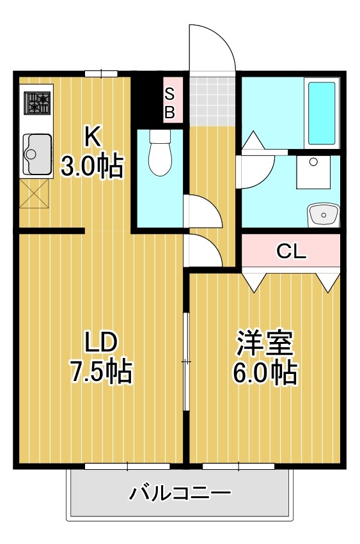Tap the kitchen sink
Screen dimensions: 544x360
pyautogui.click(x=37, y=153)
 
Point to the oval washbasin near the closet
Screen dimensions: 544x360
pyautogui.click(x=322, y=215)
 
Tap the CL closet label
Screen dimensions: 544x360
pyautogui.click(x=291, y=251)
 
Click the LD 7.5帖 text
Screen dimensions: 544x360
pyautogui.click(x=100, y=357)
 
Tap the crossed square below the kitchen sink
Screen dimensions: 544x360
pyautogui.click(x=35, y=194)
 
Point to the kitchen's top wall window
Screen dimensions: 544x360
pyautogui.click(x=101, y=74)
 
